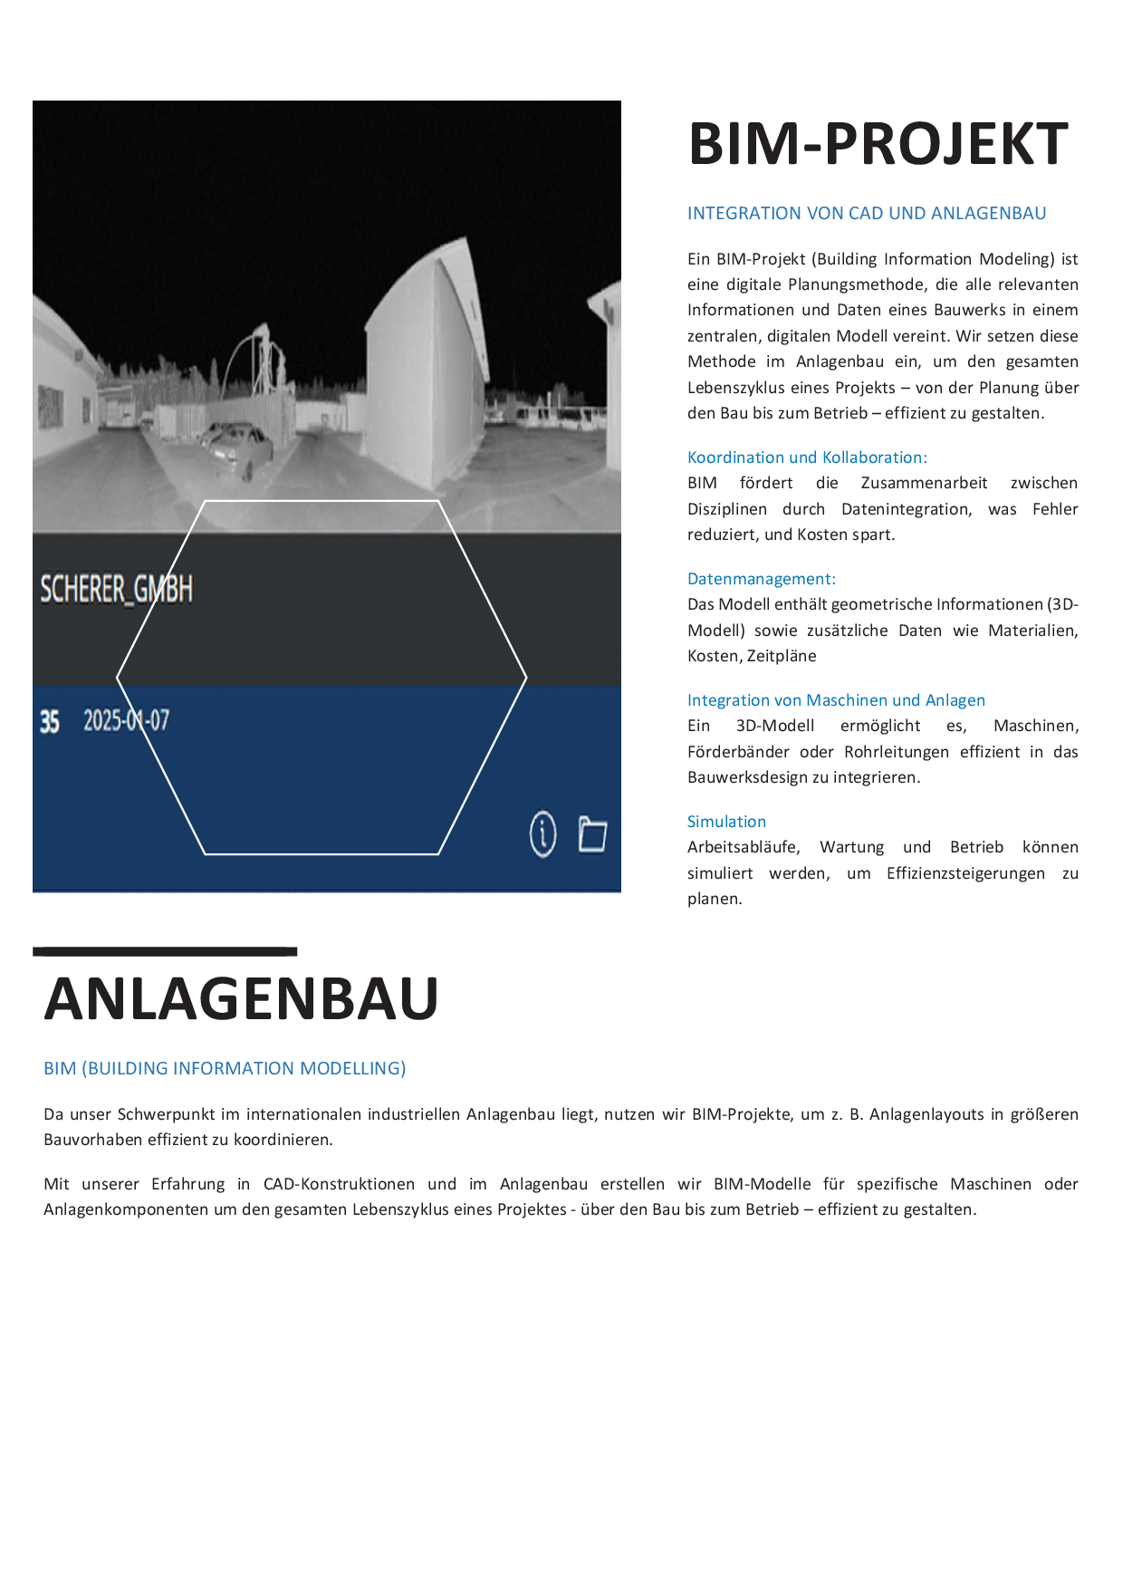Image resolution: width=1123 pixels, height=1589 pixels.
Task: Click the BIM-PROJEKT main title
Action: click(878, 144)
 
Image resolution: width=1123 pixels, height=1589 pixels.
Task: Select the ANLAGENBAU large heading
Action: click(241, 998)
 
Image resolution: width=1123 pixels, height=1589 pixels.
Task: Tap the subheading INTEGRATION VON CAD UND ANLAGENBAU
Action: click(866, 214)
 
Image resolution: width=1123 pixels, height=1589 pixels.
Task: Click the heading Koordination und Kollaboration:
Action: click(806, 457)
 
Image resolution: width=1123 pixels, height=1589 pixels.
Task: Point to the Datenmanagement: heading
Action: click(761, 579)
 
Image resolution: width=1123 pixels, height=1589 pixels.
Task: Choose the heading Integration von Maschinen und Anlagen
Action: click(835, 700)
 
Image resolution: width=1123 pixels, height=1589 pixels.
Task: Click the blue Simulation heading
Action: click(726, 822)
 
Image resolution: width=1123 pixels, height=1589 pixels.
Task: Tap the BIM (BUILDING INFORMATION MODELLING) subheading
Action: click(225, 1068)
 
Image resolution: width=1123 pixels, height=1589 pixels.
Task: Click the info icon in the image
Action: click(542, 833)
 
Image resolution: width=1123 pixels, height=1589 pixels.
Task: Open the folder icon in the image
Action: click(592, 833)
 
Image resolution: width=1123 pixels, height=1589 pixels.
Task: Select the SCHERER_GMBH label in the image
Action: click(116, 590)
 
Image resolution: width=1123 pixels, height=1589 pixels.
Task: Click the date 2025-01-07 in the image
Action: click(126, 721)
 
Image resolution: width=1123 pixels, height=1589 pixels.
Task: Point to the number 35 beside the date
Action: click(50, 722)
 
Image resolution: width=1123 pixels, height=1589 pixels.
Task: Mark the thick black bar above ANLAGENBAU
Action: click(165, 951)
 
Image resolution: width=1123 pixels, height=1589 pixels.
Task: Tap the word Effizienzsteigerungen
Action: click(965, 873)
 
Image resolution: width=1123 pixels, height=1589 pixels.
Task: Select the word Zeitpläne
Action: click(782, 656)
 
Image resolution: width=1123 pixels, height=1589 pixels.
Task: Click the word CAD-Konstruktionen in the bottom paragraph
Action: click(339, 1184)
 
